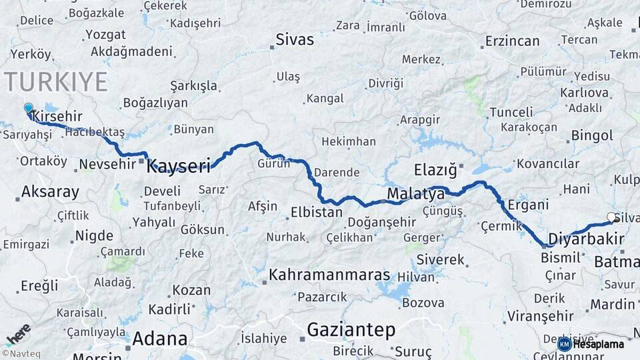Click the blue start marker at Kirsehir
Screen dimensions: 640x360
(28, 108)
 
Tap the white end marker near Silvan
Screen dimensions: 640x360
(611, 217)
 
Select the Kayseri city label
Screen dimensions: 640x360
(179, 165)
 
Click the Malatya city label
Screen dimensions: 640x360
(415, 194)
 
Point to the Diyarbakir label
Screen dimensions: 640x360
(585, 239)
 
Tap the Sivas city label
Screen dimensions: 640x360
(295, 39)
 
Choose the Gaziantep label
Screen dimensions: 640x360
(351, 329)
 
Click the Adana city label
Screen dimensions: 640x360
(159, 338)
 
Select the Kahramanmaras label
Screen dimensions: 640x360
(329, 274)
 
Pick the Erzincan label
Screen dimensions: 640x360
(512, 41)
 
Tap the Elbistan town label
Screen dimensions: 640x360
(316, 213)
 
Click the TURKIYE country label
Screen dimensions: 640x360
(56, 81)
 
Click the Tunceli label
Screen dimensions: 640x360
(511, 111)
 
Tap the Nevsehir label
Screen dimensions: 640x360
(107, 163)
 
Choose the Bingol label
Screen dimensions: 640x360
(592, 135)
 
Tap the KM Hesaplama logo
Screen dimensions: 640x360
(591, 344)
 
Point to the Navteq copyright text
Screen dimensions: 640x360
(21, 353)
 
